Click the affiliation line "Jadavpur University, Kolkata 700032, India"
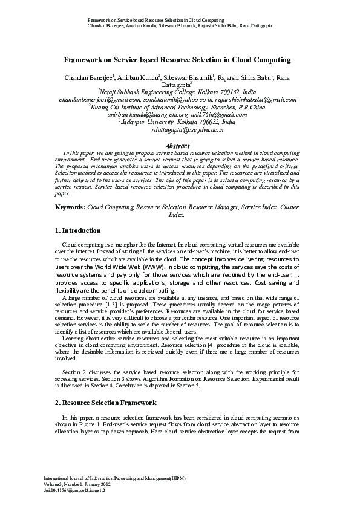(x=180, y=122)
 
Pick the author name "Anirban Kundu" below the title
(x=137, y=77)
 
